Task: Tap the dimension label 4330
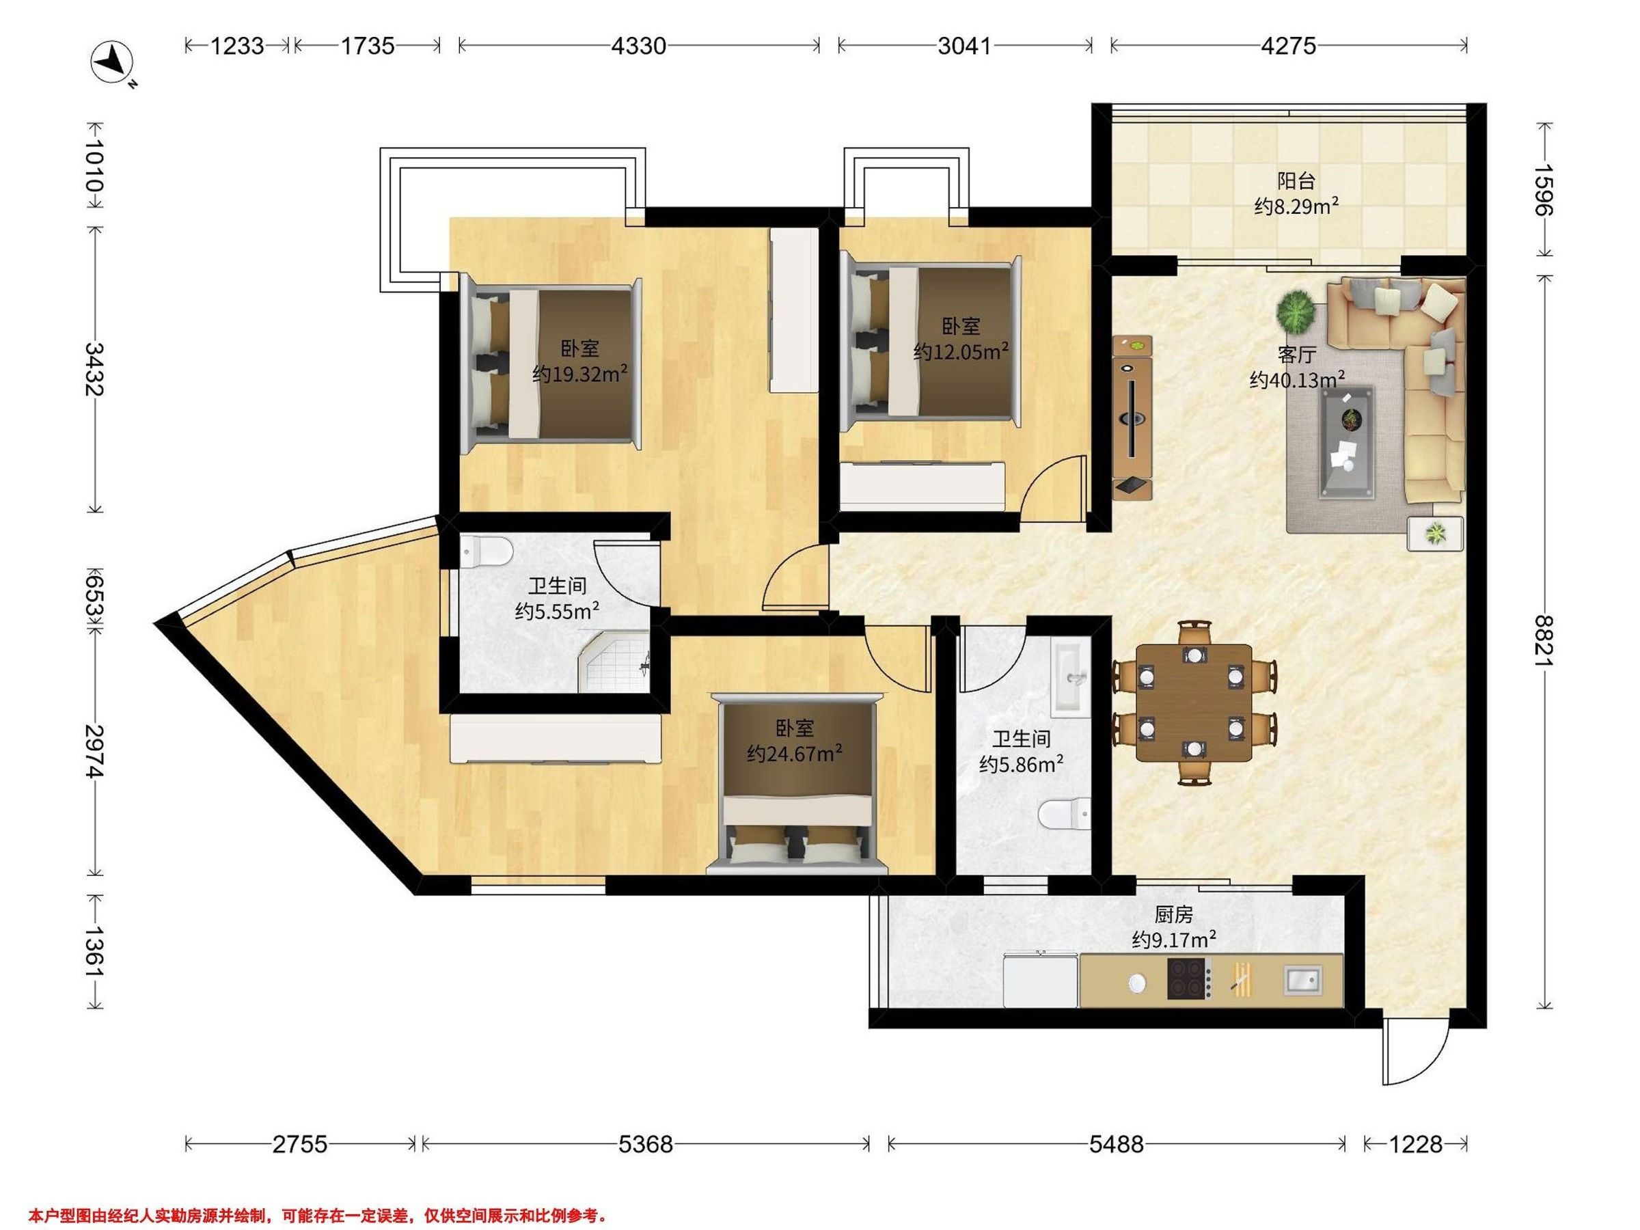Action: click(x=638, y=46)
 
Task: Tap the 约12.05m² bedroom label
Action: click(x=960, y=351)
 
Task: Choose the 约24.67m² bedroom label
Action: click(x=794, y=754)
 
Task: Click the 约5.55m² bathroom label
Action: click(x=558, y=612)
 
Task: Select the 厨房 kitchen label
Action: click(x=1174, y=915)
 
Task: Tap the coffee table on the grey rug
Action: click(x=1346, y=443)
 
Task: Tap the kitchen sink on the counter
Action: click(x=1302, y=979)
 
